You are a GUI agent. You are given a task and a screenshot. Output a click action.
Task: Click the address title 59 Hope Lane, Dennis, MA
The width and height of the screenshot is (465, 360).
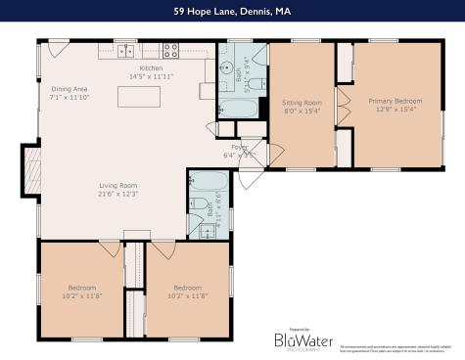[x=232, y=11]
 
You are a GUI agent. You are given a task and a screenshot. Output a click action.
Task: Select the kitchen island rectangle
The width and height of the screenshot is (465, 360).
[x=137, y=96]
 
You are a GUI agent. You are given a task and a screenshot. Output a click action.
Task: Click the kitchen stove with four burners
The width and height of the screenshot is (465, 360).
[x=169, y=49]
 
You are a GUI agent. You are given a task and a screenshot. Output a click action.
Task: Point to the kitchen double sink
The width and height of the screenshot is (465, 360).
[x=126, y=49]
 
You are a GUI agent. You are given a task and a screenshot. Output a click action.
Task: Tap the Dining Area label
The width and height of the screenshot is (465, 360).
[x=70, y=89]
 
